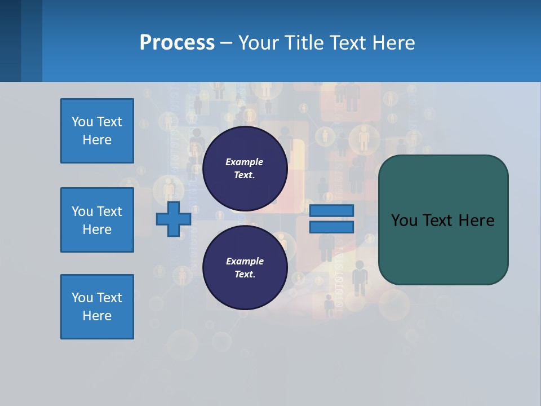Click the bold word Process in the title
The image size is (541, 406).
[177, 43]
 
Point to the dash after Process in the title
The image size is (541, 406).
[226, 43]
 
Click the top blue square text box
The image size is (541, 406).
[97, 131]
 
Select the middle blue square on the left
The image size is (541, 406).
[97, 220]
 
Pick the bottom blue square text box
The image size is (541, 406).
[97, 307]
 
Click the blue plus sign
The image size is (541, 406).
[174, 219]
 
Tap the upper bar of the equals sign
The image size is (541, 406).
[332, 210]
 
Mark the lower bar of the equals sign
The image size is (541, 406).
[332, 227]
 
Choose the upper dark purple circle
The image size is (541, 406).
[245, 169]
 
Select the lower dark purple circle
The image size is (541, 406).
[245, 268]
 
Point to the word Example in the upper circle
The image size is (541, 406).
[245, 162]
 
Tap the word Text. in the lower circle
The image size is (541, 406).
[245, 275]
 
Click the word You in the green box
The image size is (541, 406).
[405, 220]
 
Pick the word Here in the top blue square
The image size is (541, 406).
[97, 140]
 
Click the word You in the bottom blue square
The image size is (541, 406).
[82, 298]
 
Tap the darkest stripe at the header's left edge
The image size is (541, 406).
[10, 41]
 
